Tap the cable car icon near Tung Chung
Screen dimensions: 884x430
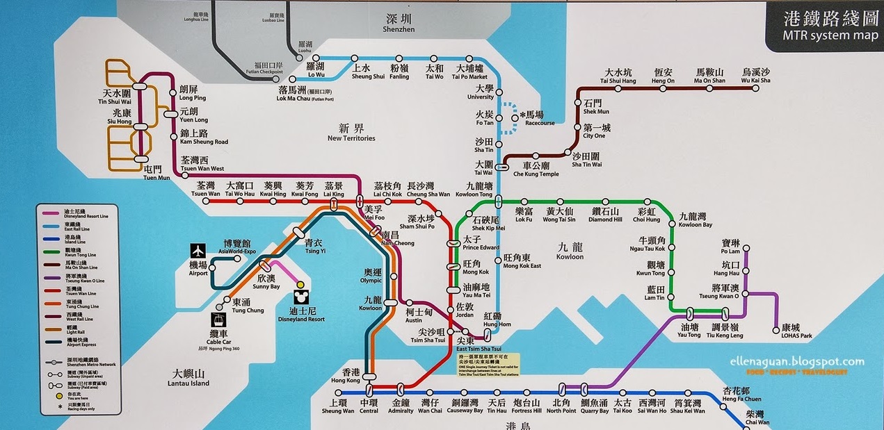click(x=219, y=320)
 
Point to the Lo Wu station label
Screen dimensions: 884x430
click(x=315, y=71)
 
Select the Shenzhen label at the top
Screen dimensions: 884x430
click(x=399, y=24)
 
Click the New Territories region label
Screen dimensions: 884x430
click(x=351, y=133)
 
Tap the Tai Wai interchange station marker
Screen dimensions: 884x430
click(x=503, y=167)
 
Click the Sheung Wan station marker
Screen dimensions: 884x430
click(x=337, y=393)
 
